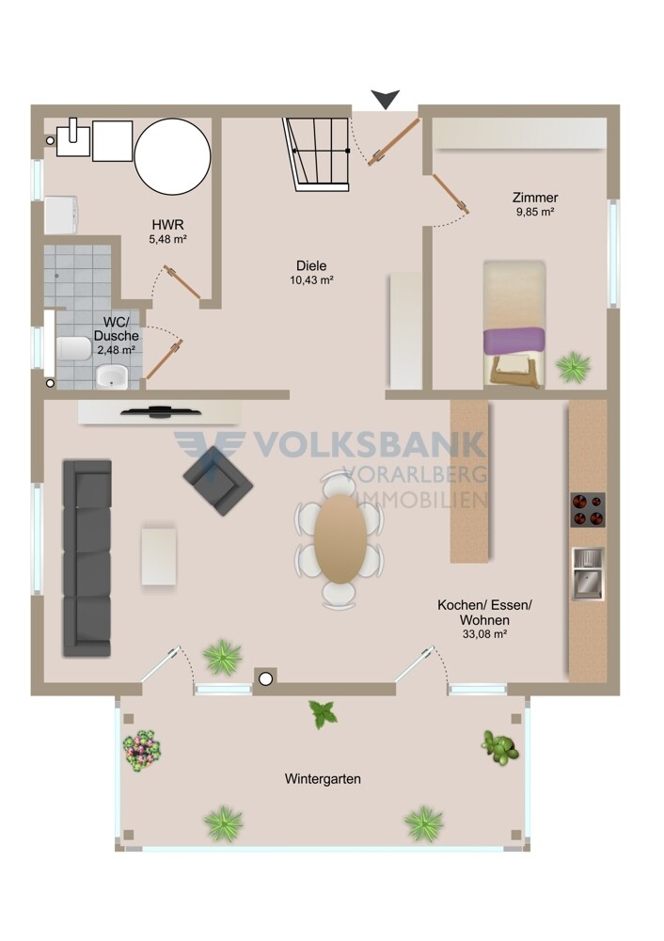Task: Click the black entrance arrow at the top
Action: click(385, 99)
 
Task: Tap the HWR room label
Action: click(168, 225)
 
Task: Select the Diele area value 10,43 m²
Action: click(311, 279)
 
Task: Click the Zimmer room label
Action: click(535, 197)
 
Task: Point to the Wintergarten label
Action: click(323, 779)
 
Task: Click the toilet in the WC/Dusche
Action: click(73, 348)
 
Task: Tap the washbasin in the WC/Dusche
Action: click(112, 377)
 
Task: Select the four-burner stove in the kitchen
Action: click(587, 510)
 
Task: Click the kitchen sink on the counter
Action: click(588, 574)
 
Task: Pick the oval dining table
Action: click(340, 539)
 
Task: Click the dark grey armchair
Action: click(218, 481)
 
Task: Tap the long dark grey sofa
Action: click(87, 558)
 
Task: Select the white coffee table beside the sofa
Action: click(159, 556)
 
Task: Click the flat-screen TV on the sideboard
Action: click(161, 411)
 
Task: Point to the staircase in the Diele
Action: click(318, 154)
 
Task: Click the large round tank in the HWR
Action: click(173, 156)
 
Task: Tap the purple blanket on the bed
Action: click(514, 341)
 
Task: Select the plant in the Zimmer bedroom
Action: click(574, 366)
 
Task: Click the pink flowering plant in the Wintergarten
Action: click(142, 750)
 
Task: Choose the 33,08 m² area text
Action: click(484, 633)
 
